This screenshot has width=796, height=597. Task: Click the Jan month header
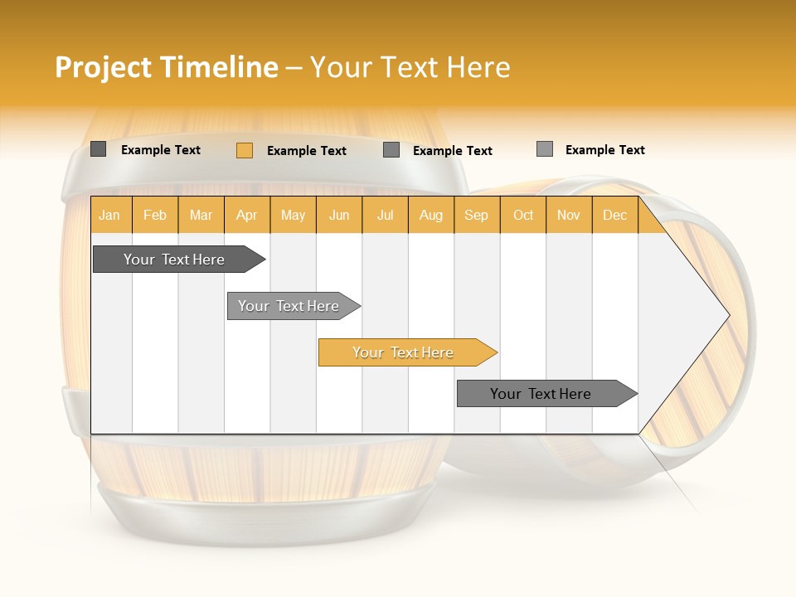[x=109, y=215]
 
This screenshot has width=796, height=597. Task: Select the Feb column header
[x=155, y=215]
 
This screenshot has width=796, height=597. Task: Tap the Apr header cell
[x=246, y=215]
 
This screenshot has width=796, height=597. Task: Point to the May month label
[x=293, y=215]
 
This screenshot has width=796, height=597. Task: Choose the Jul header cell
[x=385, y=215]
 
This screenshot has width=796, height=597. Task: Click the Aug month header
[x=430, y=215]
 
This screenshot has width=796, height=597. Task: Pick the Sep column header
[x=476, y=215]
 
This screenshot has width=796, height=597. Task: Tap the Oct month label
[x=523, y=215]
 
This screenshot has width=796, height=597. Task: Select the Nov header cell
[x=569, y=215]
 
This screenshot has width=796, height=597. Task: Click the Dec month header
[x=614, y=215]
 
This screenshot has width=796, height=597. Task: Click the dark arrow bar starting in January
[x=174, y=260]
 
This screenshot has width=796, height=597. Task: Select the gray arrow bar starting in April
[x=289, y=306]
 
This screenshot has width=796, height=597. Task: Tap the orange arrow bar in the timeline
[x=403, y=352]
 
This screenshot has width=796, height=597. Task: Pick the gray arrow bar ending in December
[x=541, y=394]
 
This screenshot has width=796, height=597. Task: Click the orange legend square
[x=244, y=150]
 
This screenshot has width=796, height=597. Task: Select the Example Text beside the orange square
[x=307, y=151]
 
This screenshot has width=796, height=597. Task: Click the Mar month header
[x=201, y=215]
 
